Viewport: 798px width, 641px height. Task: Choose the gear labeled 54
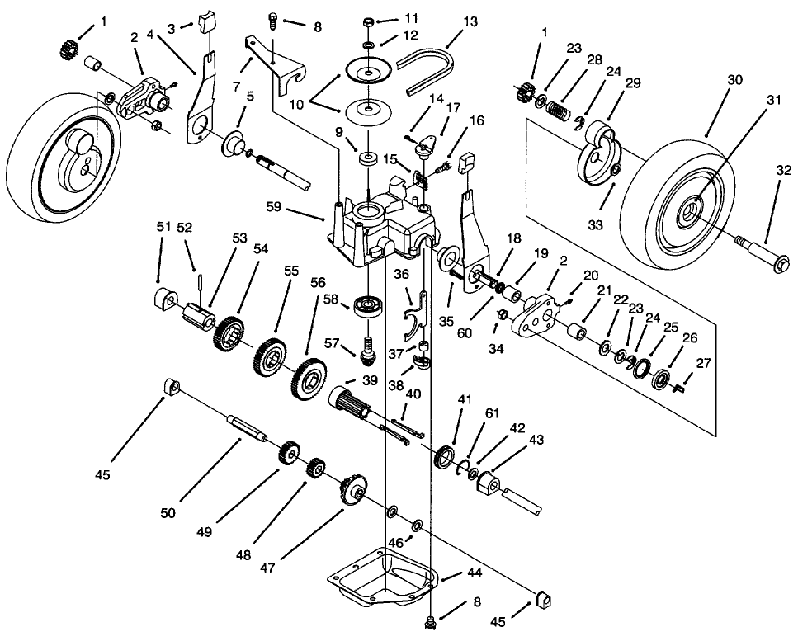point(229,333)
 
